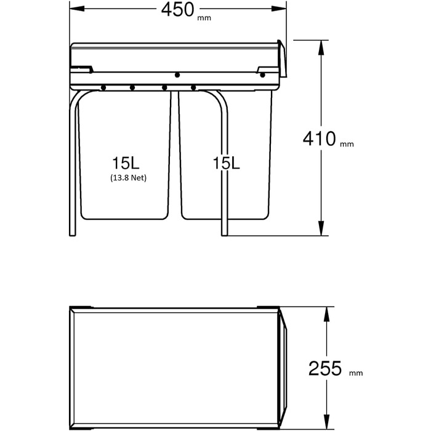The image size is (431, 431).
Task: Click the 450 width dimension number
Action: pyautogui.click(x=177, y=10)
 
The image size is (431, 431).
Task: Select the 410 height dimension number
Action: pyautogui.click(x=320, y=139)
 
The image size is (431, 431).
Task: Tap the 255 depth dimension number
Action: pyautogui.click(x=325, y=369)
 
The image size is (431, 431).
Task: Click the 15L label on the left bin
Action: pyautogui.click(x=126, y=163)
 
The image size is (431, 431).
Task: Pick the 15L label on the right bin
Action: pyautogui.click(x=226, y=163)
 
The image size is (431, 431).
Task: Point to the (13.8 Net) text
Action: pyautogui.click(x=128, y=178)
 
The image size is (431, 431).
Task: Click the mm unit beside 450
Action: pyautogui.click(x=204, y=18)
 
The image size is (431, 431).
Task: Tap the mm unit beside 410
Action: pyautogui.click(x=347, y=144)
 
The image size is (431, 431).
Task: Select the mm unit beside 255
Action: pyautogui.click(x=356, y=373)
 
